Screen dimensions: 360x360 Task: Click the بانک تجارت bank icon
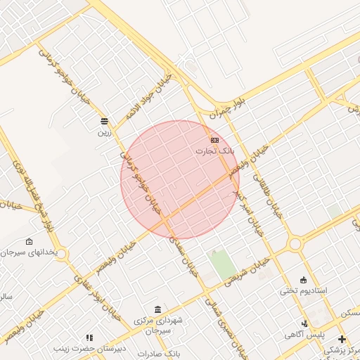[x=214, y=141]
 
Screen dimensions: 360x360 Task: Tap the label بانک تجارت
[x=213, y=151]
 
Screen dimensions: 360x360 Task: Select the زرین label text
[x=104, y=131]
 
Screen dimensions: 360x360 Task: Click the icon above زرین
[x=104, y=121]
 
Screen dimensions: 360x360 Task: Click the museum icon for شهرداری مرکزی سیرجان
[x=157, y=310]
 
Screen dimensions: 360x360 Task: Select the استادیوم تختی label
[x=304, y=290]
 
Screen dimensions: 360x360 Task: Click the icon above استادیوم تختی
[x=303, y=281]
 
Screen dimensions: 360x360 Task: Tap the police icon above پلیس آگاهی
[x=304, y=323]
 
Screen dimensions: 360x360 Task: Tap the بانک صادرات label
[x=160, y=354]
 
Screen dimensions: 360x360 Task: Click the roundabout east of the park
[x=295, y=244]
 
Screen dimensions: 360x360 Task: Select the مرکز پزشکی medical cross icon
[x=342, y=339]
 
